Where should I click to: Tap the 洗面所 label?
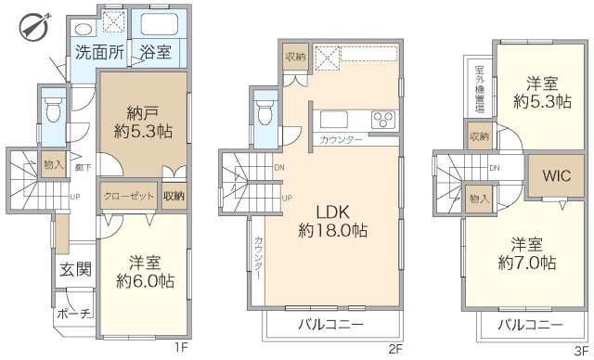pos(99,53)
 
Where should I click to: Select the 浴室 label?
pos(155,53)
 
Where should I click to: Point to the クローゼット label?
pos(130,197)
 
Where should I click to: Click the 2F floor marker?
pos(397,350)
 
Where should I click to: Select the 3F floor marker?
pos(581,350)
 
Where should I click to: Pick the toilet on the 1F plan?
pos(53,112)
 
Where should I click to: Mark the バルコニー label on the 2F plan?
pos(330,325)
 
